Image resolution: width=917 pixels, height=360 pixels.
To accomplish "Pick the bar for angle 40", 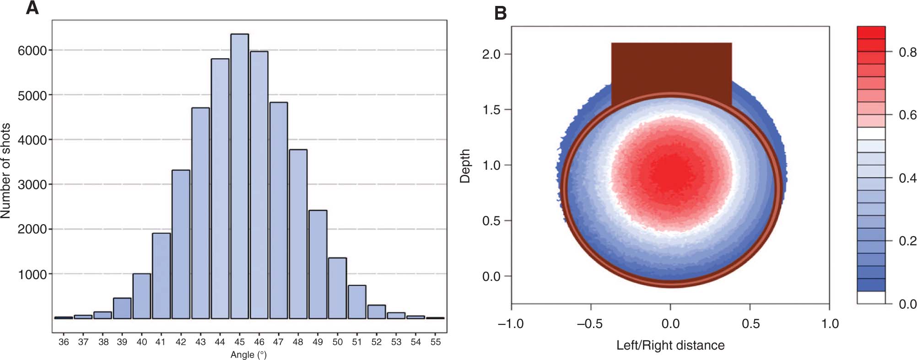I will (x=142, y=296).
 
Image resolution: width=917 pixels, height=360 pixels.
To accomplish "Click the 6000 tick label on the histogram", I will (x=32, y=51).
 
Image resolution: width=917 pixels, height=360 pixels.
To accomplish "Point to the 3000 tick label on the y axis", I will (x=32, y=185).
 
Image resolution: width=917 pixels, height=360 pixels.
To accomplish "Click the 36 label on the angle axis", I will (x=64, y=342).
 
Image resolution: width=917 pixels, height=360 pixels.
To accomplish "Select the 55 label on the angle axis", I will (x=436, y=342).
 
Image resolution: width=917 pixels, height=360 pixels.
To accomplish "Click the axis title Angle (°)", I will (x=248, y=355).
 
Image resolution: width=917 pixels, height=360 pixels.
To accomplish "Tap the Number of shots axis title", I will (x=6, y=171).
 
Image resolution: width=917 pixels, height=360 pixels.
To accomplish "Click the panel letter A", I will (x=32, y=8).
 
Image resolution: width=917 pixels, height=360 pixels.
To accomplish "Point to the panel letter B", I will (x=501, y=13).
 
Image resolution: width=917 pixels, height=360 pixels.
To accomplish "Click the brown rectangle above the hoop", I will (x=671, y=69).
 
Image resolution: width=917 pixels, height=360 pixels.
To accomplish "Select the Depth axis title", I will (x=465, y=166).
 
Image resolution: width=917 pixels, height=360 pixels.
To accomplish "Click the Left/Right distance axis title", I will (x=670, y=345).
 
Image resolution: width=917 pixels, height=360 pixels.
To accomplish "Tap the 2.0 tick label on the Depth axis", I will (x=491, y=54).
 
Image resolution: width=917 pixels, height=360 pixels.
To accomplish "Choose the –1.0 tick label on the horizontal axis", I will (x=511, y=324).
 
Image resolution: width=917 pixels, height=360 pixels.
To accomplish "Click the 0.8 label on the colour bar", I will (x=907, y=52).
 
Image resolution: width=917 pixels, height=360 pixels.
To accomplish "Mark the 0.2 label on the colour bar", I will (x=907, y=241).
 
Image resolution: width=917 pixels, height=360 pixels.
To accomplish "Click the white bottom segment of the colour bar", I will (x=871, y=297).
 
